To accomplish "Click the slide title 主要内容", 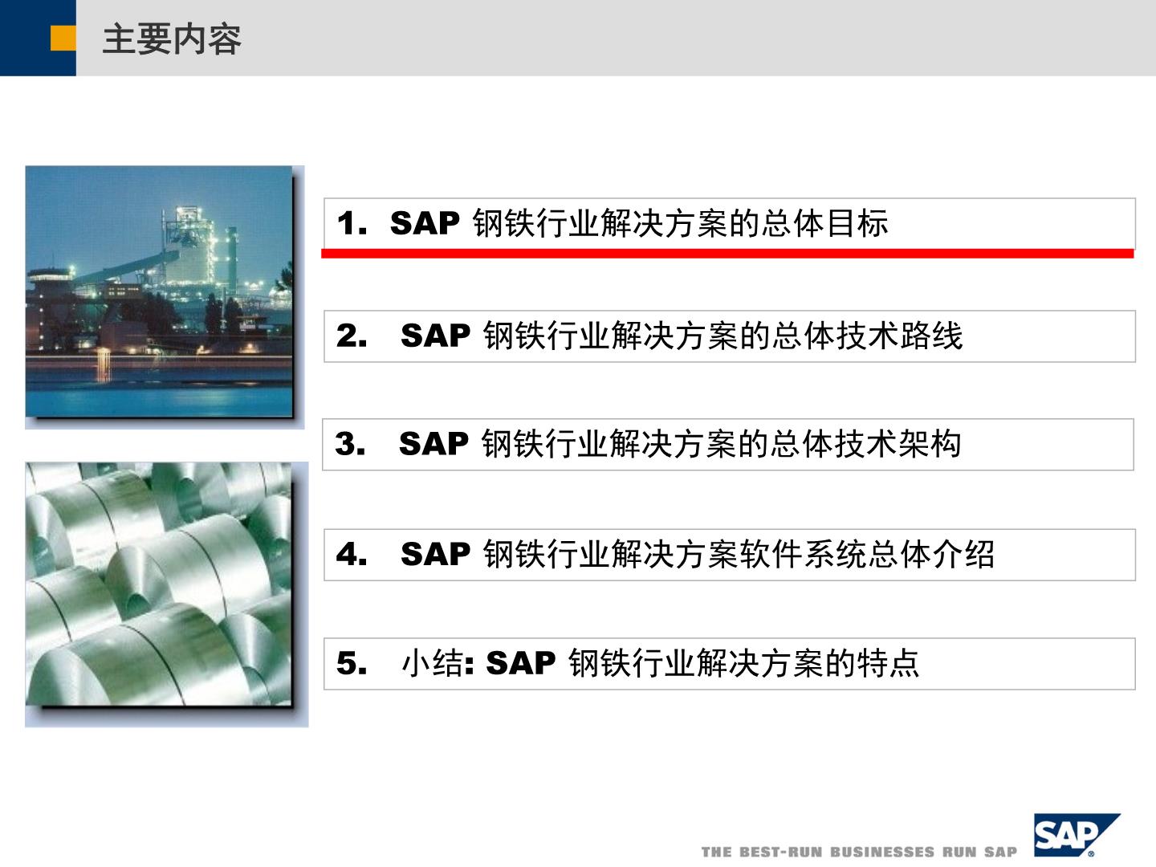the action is (172, 39).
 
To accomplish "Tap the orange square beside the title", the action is (63, 39).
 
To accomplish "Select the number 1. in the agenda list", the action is (352, 223).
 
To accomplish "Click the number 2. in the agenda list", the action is (352, 336).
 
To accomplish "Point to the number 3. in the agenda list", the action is (350, 444).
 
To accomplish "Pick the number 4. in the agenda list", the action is (352, 554).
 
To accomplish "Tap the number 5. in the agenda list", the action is (352, 663).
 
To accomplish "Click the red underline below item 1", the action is (727, 254).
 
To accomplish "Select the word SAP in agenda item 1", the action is (425, 223).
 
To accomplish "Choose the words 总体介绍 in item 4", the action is (931, 554).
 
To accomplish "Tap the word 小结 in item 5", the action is (433, 663).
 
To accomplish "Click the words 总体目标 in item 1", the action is (825, 223).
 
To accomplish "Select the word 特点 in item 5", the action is (889, 663).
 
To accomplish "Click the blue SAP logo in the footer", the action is (1074, 836).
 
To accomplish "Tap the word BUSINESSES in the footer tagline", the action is (883, 853).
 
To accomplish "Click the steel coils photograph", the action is (158, 584).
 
